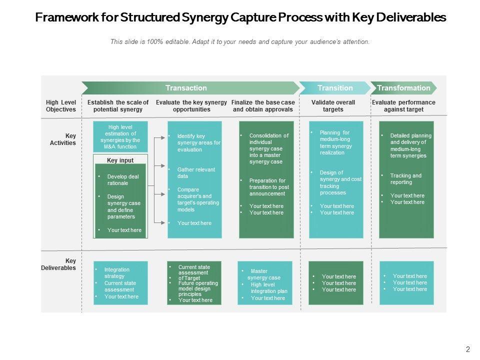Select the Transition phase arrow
point(334,88)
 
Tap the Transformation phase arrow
point(403,88)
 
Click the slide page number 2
point(468,350)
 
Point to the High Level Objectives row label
point(61,106)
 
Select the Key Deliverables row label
point(59,264)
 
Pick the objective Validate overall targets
point(333,106)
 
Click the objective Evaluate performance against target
point(403,106)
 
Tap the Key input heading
point(120,160)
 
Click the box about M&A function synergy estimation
point(120,137)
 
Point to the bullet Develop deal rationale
point(123,180)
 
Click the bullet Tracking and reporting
point(405,179)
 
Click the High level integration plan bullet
point(269,288)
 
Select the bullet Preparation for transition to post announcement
point(269,187)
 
